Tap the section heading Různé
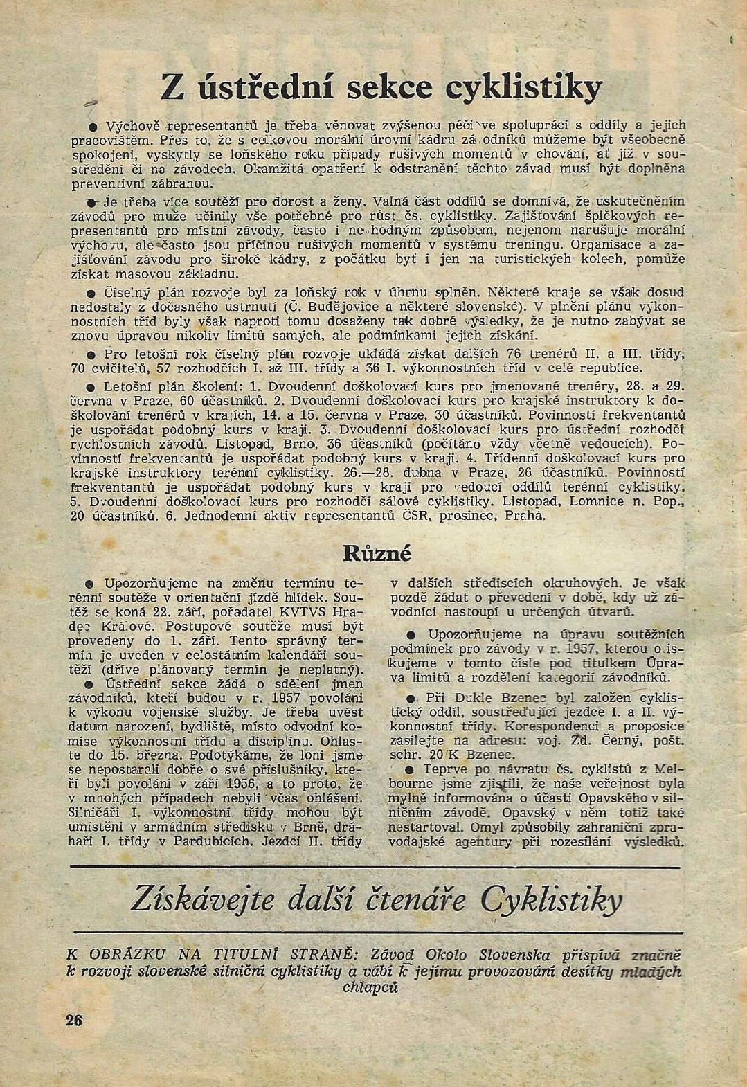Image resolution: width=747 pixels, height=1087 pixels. tap(377, 553)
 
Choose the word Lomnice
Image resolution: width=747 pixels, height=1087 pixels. tap(595, 502)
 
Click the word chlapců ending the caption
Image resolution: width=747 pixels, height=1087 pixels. tap(370, 987)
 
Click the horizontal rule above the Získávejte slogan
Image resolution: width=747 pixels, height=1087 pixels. tap(374, 867)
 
